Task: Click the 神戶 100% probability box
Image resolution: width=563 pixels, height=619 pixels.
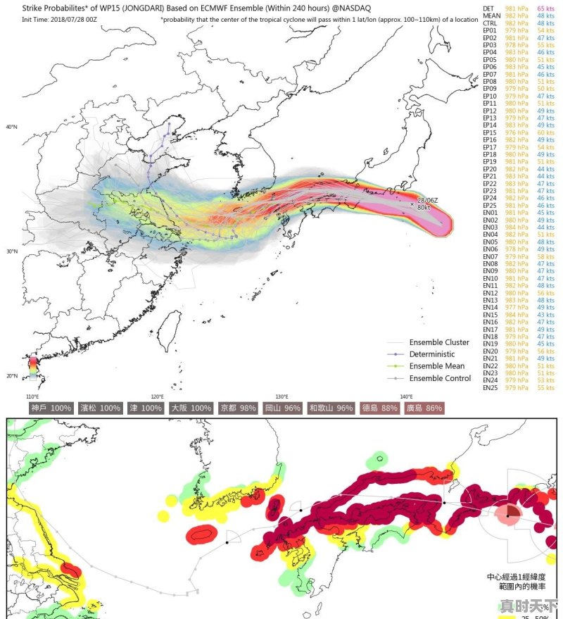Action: point(51,408)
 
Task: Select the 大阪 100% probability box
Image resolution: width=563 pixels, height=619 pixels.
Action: point(191,408)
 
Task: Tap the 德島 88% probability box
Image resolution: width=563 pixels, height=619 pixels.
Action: point(379,408)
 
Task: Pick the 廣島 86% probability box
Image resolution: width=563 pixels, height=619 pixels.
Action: point(424,408)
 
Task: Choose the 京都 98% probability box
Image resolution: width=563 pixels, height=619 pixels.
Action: point(238,408)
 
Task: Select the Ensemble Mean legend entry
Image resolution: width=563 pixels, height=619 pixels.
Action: point(436,366)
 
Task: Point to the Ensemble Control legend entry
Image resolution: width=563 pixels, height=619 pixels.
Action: point(440,378)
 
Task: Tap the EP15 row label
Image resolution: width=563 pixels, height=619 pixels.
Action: point(490,132)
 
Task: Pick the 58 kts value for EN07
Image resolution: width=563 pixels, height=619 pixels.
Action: point(545,256)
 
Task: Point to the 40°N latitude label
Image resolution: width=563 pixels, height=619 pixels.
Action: point(11,127)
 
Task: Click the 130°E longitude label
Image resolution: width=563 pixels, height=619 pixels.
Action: point(282,396)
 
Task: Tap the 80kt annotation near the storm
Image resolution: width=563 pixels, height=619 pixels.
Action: point(424,208)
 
